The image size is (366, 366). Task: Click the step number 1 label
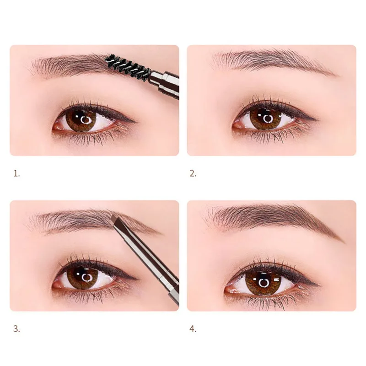17,173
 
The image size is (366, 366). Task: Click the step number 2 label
193,173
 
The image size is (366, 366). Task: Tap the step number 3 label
17,328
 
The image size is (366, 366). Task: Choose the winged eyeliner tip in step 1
135,122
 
